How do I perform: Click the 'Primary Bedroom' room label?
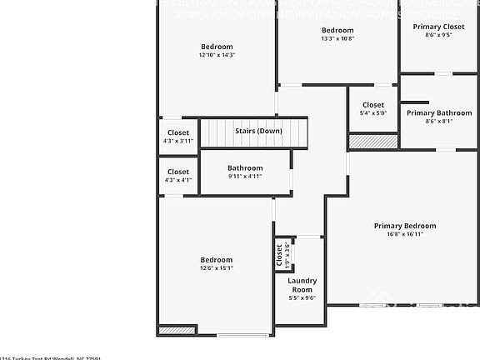(x=404, y=226)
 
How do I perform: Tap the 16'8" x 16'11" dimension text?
(x=404, y=234)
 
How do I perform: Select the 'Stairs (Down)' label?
(x=258, y=131)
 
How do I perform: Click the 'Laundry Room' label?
(x=302, y=285)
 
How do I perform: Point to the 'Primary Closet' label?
(x=438, y=27)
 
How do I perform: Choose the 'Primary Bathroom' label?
(x=438, y=113)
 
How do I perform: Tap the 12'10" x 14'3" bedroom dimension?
(x=217, y=55)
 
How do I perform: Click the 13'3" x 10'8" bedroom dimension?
(x=337, y=38)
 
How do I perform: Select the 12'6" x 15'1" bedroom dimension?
(x=217, y=268)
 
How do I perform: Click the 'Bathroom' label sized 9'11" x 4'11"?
(x=245, y=167)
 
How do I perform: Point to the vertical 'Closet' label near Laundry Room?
(x=279, y=254)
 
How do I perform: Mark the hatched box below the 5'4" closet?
(x=362, y=142)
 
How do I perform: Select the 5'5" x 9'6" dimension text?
(x=302, y=297)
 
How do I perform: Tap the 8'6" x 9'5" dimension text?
(x=438, y=35)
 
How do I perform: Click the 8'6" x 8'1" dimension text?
(x=438, y=122)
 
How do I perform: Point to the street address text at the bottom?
(x=50, y=357)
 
